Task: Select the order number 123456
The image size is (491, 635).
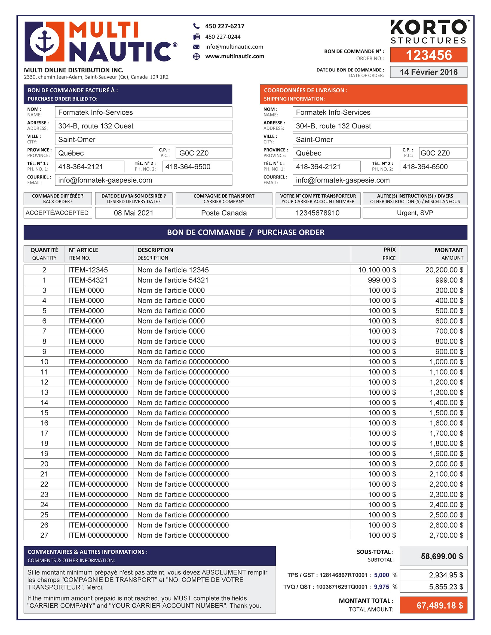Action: click(429, 55)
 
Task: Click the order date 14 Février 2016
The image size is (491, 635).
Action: click(429, 72)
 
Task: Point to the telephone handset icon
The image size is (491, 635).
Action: click(196, 26)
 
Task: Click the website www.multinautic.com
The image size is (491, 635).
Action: click(234, 56)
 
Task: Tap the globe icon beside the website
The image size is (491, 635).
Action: click(196, 56)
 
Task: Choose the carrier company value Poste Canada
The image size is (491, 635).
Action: click(224, 213)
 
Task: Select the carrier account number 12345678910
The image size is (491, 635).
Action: click(317, 213)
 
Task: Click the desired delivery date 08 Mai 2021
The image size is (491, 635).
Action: click(134, 213)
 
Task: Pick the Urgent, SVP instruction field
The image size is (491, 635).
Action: click(415, 213)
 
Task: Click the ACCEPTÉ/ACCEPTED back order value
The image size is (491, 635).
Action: click(57, 213)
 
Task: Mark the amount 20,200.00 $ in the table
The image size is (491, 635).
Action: click(444, 270)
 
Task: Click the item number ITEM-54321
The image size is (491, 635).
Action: click(88, 280)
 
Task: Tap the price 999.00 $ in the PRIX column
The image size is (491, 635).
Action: click(382, 280)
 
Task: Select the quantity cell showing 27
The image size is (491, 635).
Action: click(44, 535)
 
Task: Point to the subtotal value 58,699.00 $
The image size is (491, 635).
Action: click(442, 556)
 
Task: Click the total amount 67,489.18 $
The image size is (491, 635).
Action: click(440, 605)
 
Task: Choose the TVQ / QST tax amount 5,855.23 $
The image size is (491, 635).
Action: click(446, 587)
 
